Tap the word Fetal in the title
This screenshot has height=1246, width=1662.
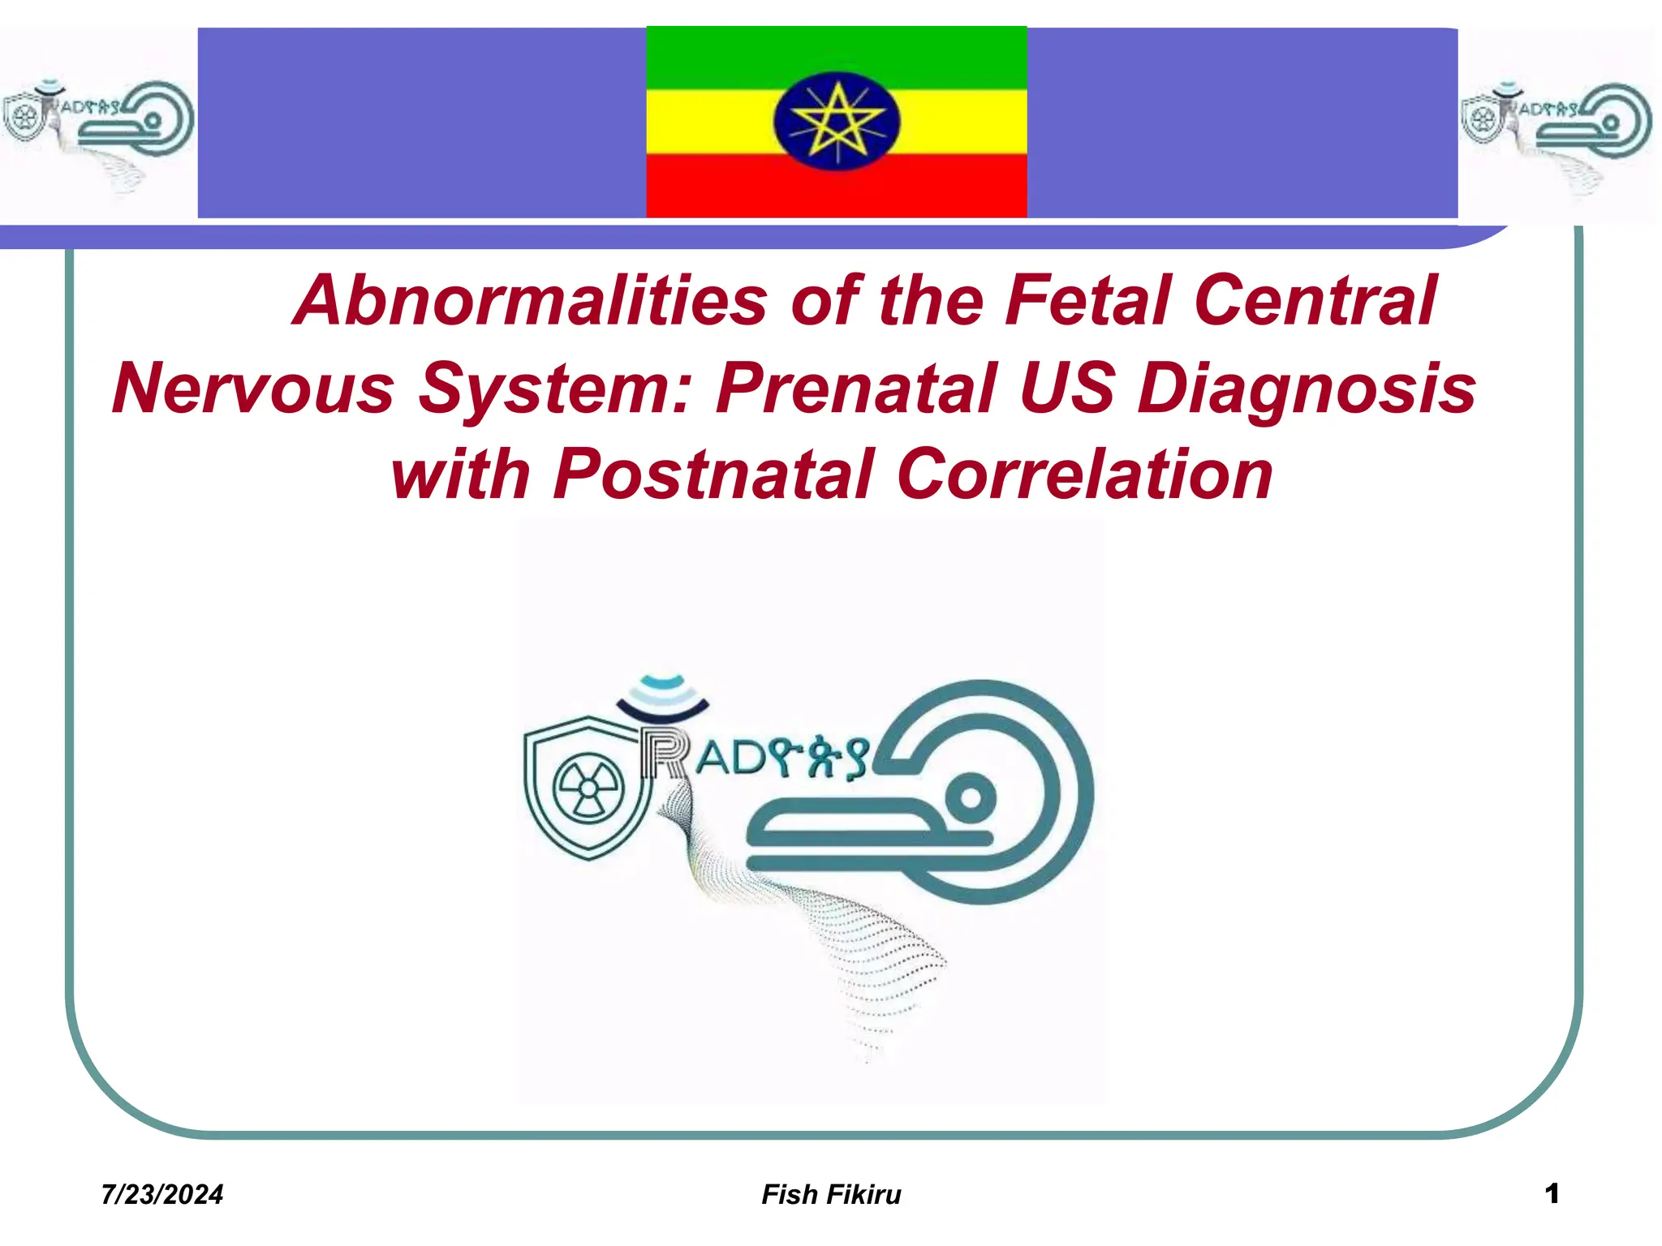pos(1087,302)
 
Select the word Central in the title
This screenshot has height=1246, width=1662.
pos(1315,302)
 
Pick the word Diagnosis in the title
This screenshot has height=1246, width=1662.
pos(1306,389)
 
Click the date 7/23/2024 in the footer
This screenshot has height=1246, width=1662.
pos(162,1195)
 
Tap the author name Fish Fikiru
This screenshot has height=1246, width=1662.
pos(831,1195)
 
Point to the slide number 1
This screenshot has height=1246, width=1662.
pos(1552,1193)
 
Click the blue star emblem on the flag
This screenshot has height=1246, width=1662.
pos(837,122)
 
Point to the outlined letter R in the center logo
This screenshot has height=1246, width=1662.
pos(664,754)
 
